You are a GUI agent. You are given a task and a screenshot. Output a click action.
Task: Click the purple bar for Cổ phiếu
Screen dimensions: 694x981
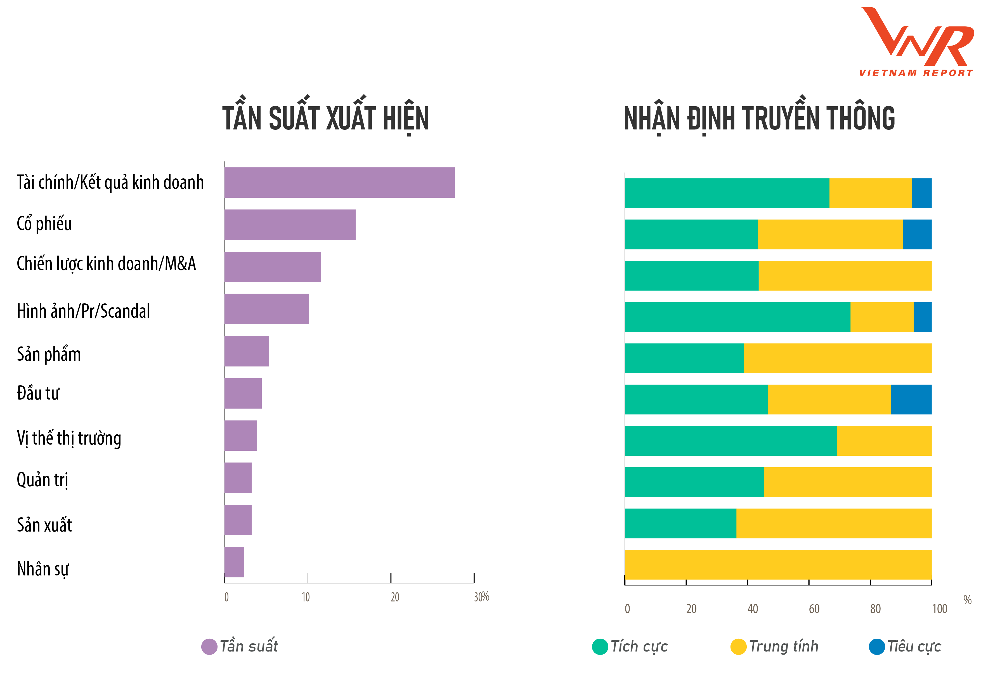(290, 225)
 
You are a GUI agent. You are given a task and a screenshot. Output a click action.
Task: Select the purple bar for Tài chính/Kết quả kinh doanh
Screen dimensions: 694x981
(340, 183)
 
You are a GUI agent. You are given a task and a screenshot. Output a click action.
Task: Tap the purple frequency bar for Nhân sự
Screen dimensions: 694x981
(235, 562)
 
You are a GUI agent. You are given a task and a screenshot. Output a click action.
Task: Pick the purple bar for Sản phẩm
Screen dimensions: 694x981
(247, 351)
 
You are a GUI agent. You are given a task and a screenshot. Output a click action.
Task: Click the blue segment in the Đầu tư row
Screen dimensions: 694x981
(911, 400)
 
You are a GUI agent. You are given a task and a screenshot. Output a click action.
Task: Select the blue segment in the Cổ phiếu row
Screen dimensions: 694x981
(917, 234)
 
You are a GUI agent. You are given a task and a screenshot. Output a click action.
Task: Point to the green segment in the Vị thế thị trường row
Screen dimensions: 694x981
(731, 441)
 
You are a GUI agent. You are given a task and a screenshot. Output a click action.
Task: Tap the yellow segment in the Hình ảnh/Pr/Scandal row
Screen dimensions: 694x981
(882, 317)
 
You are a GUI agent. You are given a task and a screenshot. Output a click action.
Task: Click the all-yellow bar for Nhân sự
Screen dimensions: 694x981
(778, 565)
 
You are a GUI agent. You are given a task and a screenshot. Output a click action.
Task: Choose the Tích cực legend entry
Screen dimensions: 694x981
(630, 646)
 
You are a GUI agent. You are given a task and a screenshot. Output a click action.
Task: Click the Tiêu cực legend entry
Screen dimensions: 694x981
(905, 646)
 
